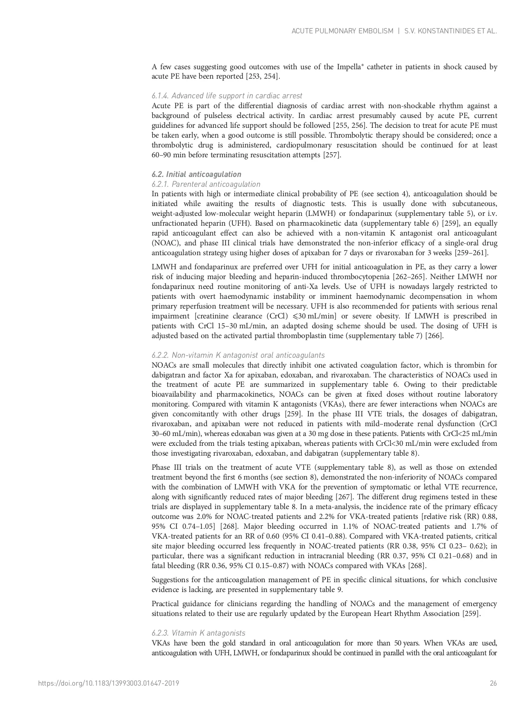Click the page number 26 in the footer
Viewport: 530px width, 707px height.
[493, 683]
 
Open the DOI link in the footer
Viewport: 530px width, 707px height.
[108, 683]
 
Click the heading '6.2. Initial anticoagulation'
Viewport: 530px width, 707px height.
[196, 174]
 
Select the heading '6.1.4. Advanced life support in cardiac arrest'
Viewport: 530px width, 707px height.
[227, 96]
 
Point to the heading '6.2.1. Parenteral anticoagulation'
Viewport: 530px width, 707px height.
[206, 184]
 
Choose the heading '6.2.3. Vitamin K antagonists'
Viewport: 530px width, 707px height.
[198, 633]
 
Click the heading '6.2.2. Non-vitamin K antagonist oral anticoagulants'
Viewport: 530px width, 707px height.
[238, 355]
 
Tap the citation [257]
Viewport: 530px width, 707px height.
[331, 155]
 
